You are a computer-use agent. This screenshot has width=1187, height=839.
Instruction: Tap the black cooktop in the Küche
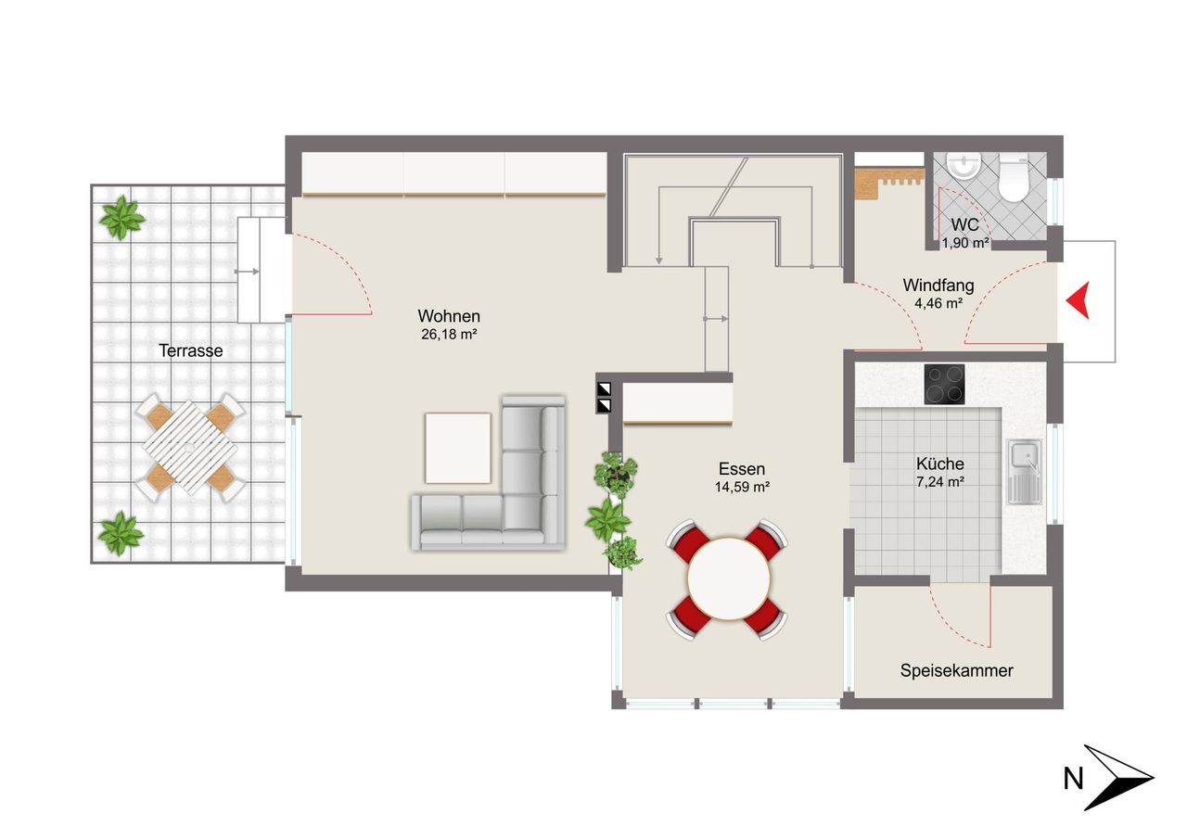coord(944,385)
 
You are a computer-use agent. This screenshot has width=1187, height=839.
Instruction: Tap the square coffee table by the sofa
coord(458,448)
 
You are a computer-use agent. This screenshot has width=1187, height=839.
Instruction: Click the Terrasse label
coord(191,350)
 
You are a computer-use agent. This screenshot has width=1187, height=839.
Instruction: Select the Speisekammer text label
coord(956,670)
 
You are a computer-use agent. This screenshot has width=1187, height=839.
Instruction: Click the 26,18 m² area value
coord(450,335)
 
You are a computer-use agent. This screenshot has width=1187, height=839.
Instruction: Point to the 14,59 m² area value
coord(742,487)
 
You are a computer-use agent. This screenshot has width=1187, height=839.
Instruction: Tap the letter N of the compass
coord(1073,779)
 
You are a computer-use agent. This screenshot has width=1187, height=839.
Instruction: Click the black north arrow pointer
coord(1118,778)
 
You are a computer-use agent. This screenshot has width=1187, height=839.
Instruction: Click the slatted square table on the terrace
coord(190,448)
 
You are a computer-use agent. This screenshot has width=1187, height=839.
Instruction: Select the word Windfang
coord(938,285)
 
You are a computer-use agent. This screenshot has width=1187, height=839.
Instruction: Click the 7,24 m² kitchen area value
coord(940,481)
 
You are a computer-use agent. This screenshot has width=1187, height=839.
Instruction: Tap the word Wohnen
coord(449,316)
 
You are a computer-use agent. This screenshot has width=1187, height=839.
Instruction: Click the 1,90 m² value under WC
coord(965,243)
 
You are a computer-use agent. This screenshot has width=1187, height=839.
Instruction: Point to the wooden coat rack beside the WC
coord(888,184)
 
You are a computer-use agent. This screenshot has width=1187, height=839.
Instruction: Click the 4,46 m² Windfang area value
coord(938,303)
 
